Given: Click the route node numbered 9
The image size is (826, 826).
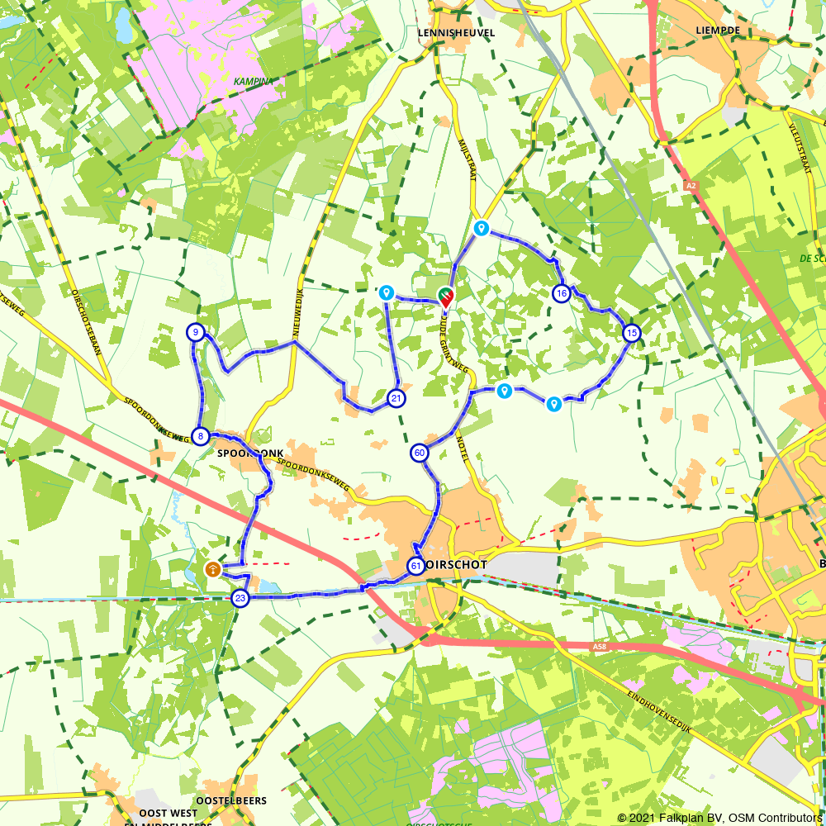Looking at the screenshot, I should click(195, 333).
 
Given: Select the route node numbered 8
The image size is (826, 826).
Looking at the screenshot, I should click(200, 436).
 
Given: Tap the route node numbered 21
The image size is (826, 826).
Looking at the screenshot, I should click(397, 398).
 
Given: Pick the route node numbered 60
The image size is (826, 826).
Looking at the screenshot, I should click(420, 453).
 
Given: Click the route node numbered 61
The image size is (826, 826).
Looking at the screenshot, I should click(415, 566).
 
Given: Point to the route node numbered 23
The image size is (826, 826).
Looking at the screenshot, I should click(240, 598).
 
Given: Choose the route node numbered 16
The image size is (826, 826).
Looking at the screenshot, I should click(562, 293).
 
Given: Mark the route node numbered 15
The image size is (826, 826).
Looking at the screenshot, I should click(632, 333).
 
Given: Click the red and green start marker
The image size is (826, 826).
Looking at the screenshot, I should click(446, 297).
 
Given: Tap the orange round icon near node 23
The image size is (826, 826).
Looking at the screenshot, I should click(212, 569).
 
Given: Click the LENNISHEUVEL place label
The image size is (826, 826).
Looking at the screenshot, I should click(456, 32).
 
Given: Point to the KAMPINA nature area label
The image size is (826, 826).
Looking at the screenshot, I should click(252, 82).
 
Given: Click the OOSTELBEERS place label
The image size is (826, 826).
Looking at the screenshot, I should click(231, 801).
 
